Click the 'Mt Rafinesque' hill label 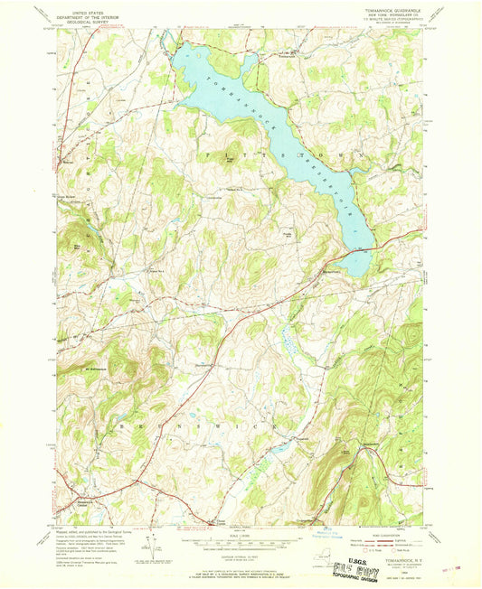(96, 369)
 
